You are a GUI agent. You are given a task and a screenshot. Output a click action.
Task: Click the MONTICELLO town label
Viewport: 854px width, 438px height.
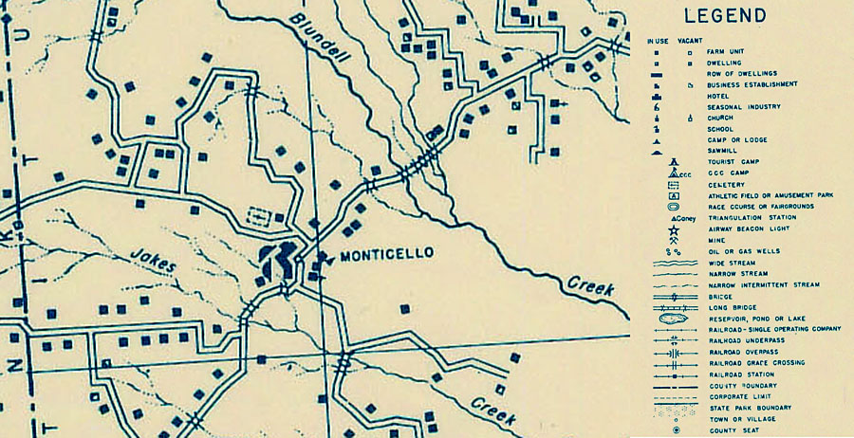click(386, 254)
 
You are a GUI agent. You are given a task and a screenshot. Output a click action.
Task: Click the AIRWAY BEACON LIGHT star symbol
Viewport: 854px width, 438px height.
click(673, 229)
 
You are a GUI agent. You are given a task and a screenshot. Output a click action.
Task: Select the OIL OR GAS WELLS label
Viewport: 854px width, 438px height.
click(741, 251)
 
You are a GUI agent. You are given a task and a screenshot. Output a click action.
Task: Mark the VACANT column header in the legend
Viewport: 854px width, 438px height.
click(690, 41)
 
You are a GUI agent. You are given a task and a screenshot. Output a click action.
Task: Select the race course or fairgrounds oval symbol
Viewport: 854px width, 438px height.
click(673, 206)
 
